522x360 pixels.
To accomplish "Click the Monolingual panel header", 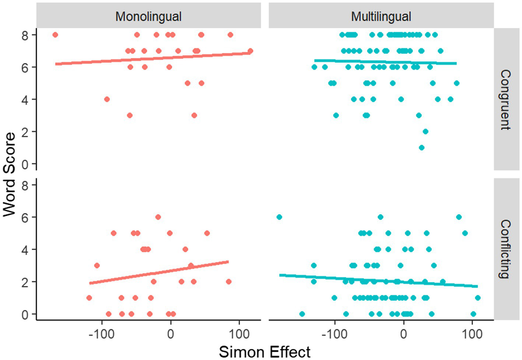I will tap(148, 17).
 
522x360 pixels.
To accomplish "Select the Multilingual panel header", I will tap(381, 17).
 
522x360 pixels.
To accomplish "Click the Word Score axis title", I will tap(9, 174).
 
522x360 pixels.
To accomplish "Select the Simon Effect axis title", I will tap(264, 352).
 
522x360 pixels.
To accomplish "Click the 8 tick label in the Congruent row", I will tap(25, 35).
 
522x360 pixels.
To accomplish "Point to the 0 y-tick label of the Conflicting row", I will tap(25, 315).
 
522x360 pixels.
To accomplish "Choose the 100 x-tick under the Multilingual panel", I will tap(472, 334).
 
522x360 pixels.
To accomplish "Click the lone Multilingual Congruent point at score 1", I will tap(422, 148).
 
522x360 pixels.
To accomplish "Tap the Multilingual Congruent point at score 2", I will tap(425, 131).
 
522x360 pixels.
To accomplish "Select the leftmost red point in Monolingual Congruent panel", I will tap(55, 35).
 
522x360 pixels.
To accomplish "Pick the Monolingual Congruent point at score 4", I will tap(107, 99).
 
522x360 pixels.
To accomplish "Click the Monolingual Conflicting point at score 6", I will tap(158, 217).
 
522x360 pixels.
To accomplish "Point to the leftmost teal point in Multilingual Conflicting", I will tap(279, 217).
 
